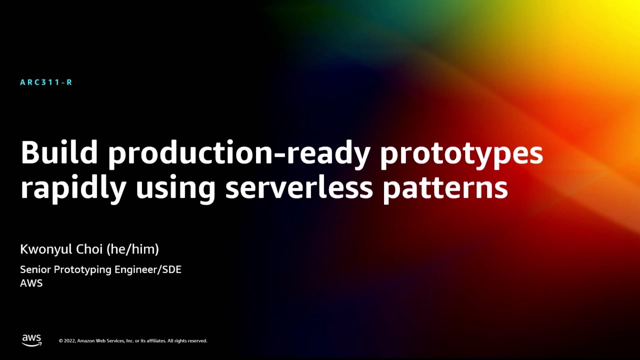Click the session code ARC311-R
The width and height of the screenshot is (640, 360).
point(46,82)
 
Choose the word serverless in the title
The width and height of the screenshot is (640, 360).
point(299,187)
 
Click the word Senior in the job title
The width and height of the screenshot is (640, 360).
point(35,269)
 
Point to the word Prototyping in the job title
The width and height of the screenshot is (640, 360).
point(82,270)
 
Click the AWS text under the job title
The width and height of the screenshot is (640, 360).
point(31,283)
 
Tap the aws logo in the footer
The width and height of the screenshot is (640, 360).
point(31,340)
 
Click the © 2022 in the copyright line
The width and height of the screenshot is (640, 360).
point(67,341)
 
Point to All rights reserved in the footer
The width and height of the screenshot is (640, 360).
point(187,341)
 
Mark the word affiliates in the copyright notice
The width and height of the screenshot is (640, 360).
point(155,341)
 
